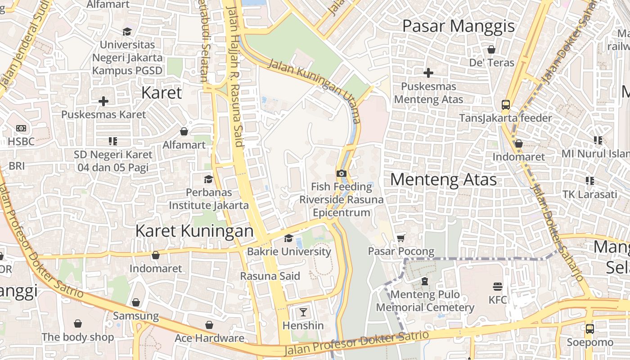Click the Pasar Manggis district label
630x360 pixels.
point(458,26)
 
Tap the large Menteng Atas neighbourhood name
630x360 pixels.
point(443,180)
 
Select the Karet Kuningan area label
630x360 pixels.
point(194,231)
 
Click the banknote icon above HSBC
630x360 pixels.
point(21,128)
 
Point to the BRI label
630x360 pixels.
point(17,166)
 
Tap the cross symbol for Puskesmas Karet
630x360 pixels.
point(103,101)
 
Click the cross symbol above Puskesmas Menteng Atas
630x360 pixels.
point(428,72)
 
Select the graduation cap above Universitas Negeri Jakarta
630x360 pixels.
point(127,31)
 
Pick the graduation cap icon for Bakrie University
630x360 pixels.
point(288,238)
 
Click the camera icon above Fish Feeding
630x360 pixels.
point(342,173)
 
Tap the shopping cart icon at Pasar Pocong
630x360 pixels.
point(401,238)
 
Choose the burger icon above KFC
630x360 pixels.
point(497,286)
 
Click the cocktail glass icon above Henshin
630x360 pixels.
point(303,312)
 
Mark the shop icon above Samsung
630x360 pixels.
point(136,302)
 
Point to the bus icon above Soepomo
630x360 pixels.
point(589,328)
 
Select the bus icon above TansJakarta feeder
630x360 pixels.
point(506,105)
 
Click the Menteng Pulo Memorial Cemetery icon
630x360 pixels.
point(425,281)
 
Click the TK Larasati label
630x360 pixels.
point(589,194)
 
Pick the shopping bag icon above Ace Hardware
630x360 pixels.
point(209,325)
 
